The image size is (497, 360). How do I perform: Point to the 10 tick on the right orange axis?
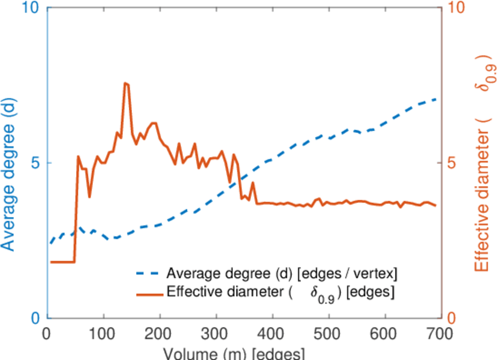point(457,8)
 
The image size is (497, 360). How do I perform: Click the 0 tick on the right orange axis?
point(453,317)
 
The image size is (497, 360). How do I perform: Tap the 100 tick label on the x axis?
point(104,333)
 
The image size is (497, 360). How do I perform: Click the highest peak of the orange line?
point(125,83)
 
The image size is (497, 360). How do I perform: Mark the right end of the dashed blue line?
point(436,99)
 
